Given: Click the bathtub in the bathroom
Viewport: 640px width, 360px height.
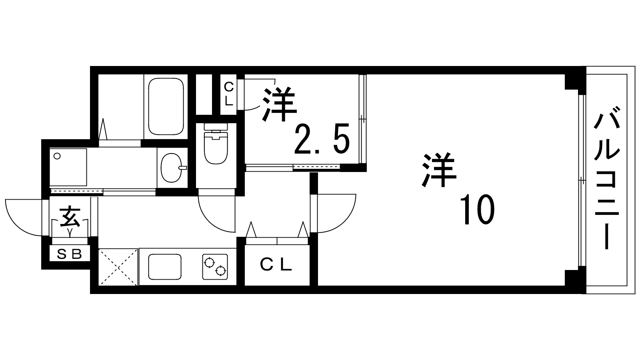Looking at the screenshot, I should click(166, 107).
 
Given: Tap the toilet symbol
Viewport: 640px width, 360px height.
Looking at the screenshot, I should click(215, 144).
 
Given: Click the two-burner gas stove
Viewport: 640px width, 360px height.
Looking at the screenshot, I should click(215, 267).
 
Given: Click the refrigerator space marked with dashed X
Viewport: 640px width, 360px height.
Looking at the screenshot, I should click(118, 267).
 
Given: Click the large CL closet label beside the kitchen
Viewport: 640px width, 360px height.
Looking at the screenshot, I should click(276, 264).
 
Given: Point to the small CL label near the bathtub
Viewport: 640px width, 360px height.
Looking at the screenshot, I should click(228, 93).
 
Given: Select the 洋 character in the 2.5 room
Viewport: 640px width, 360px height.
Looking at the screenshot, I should click(280, 105).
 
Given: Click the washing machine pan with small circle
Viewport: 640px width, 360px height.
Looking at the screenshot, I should click(68, 167).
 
